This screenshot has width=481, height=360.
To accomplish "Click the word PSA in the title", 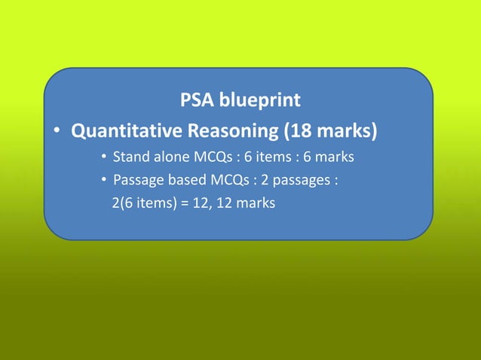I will click(x=197, y=99).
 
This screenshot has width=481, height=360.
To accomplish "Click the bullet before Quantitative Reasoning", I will click(x=57, y=133).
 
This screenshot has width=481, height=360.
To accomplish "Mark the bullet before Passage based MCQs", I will click(x=103, y=181).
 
